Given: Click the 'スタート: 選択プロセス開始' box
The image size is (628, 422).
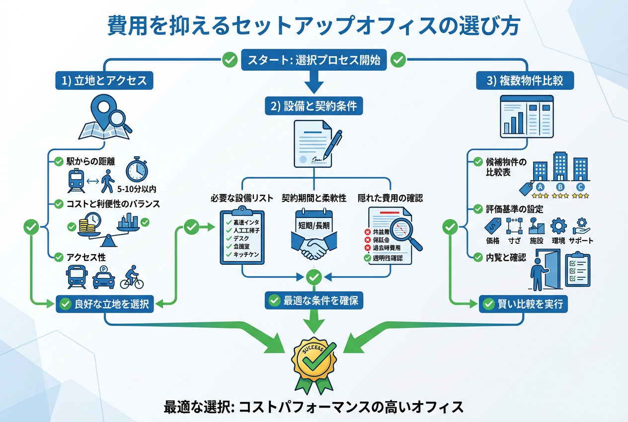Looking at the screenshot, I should click(x=313, y=60).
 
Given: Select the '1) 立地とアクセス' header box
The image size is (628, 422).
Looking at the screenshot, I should click(x=104, y=81).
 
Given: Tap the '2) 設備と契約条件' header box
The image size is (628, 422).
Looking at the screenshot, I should click(x=313, y=106).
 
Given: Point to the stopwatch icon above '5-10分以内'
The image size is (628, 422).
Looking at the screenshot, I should click(x=136, y=170).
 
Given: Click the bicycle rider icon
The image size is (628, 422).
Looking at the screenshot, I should click(x=132, y=277).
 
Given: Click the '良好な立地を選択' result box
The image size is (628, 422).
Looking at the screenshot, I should click(x=105, y=304).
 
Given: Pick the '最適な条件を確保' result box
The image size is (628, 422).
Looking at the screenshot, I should click(x=314, y=300).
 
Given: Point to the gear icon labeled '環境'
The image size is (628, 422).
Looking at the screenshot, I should click(x=559, y=226).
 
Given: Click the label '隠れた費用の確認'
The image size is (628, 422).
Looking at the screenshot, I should click(x=391, y=198).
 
